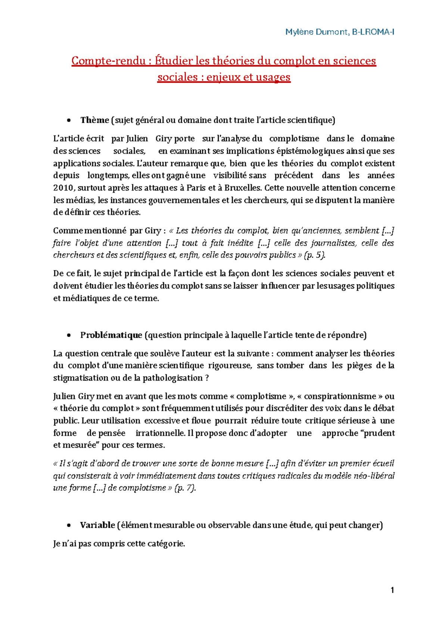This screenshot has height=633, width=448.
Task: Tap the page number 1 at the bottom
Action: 392,590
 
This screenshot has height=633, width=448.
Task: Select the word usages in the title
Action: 273,77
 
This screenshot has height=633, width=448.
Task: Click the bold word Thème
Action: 94,120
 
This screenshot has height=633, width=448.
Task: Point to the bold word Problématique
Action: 111,335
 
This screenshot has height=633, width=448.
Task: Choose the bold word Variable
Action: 97,525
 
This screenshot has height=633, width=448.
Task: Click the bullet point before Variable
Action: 69,526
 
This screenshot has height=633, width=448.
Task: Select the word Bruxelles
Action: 243,188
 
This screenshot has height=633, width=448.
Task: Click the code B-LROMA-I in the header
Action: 373,32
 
